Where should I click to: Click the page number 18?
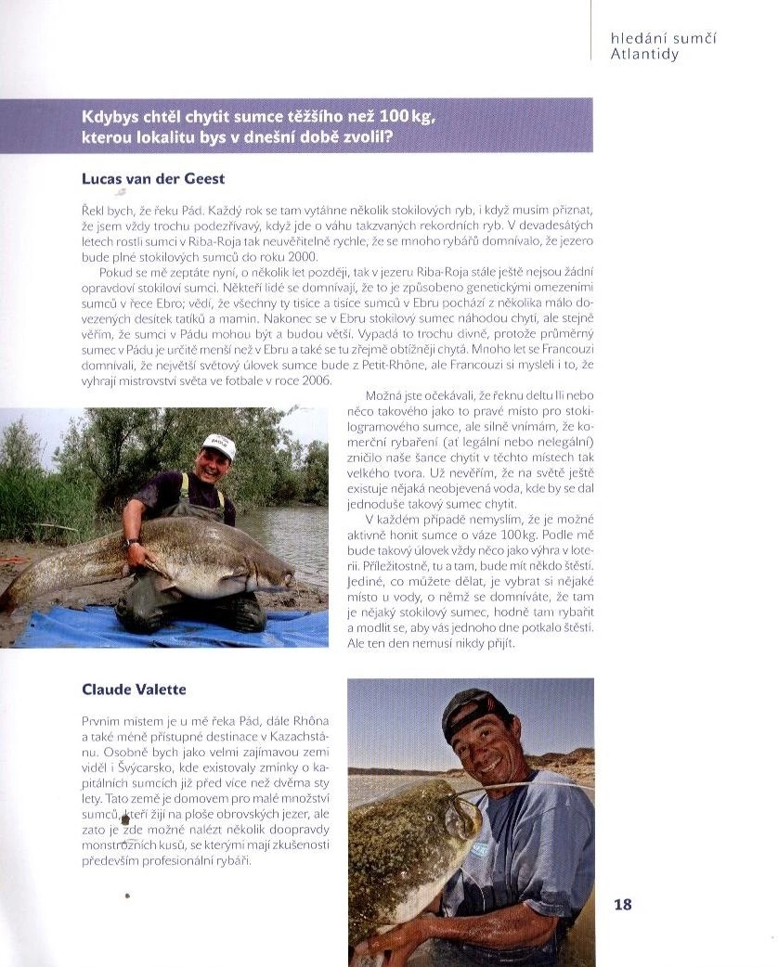click(622, 904)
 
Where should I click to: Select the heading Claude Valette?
click(134, 689)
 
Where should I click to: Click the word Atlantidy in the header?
click(644, 54)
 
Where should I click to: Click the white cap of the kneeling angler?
click(219, 445)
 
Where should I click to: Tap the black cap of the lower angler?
click(474, 710)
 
